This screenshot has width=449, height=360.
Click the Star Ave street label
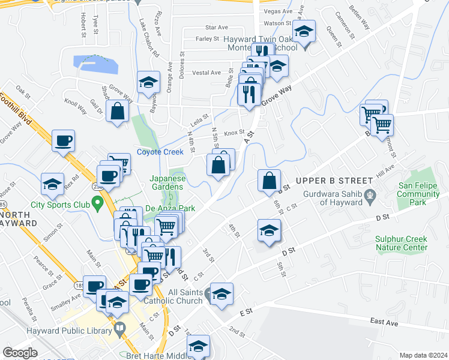pyautogui.click(x=217, y=28)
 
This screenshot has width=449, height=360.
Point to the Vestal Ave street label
pyautogui.click(x=206, y=73)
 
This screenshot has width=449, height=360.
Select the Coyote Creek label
pyautogui.click(x=160, y=152)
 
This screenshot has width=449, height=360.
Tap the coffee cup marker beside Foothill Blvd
pyautogui.click(x=63, y=141)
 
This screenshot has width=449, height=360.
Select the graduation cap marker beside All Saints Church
pyautogui.click(x=221, y=294)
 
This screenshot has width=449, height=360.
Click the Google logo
pyautogui.click(x=20, y=352)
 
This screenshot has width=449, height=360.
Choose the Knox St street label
pyautogui.click(x=234, y=133)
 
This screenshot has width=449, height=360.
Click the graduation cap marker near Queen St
pyautogui.click(x=304, y=31)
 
